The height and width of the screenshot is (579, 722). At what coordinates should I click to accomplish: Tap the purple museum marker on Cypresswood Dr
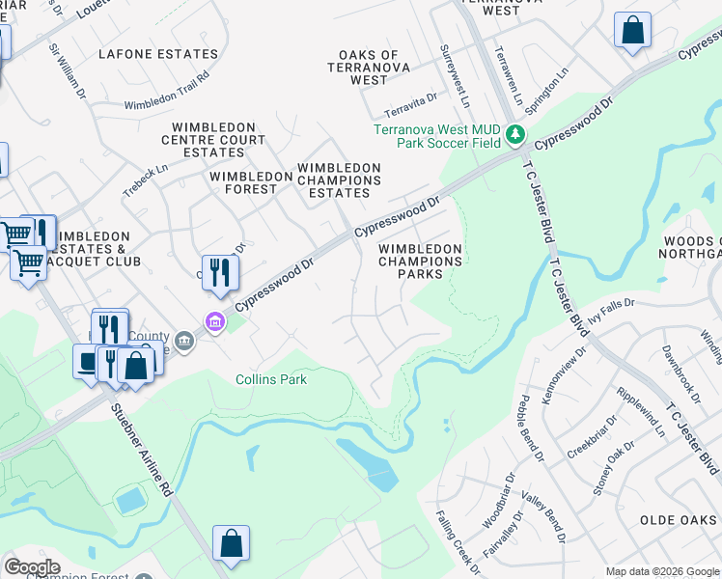tap(214, 321)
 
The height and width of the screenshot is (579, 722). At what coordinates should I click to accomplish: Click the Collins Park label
tap(271, 379)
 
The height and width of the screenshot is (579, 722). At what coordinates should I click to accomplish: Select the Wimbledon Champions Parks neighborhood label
tap(420, 262)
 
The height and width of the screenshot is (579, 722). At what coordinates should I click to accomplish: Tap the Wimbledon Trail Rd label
tap(167, 91)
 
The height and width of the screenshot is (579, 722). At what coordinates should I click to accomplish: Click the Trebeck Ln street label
tap(145, 180)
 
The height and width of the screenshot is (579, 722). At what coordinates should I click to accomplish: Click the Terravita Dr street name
tap(411, 101)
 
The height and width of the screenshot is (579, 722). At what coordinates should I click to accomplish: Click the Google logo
tap(32, 567)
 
